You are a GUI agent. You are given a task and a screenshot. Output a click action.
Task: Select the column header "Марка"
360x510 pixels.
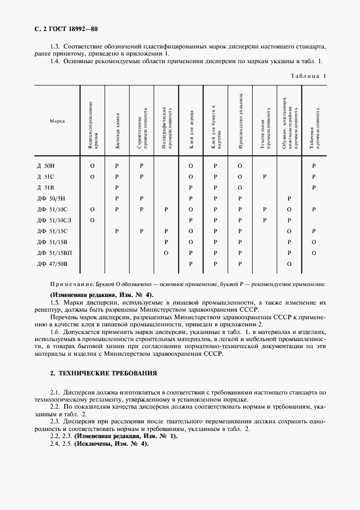(57, 121)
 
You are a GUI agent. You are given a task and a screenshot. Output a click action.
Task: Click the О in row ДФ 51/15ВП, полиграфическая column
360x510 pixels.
(166, 253)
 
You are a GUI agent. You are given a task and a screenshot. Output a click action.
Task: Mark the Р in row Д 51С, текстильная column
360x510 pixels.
(264, 177)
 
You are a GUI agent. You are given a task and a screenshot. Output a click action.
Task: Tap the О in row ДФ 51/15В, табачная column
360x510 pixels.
(314, 242)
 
